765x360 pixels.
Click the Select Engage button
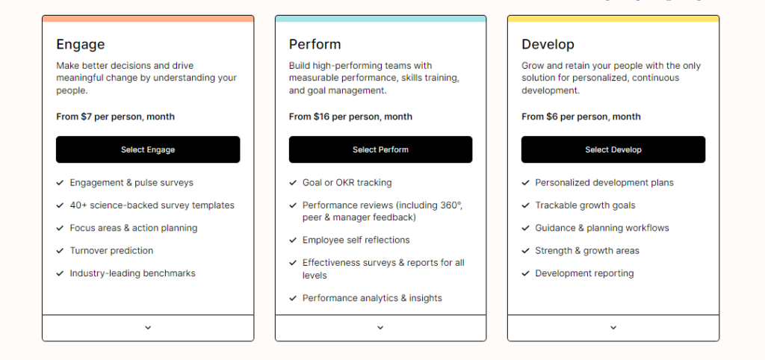tap(148, 149)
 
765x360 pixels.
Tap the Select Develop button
tap(613, 149)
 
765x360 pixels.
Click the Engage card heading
tap(81, 44)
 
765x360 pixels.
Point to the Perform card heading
tap(315, 44)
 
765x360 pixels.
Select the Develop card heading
tap(548, 44)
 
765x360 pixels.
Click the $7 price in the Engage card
tap(87, 117)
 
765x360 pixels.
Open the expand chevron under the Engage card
tap(148, 328)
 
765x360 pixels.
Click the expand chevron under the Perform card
tap(380, 328)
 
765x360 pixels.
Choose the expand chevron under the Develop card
tap(613, 328)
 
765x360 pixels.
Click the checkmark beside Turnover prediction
tap(60, 251)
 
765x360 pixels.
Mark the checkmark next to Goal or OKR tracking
tap(293, 183)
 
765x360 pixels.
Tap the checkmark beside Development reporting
tap(525, 273)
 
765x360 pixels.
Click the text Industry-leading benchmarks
tap(133, 273)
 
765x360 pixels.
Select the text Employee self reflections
tap(356, 240)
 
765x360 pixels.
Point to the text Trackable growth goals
tap(586, 205)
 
